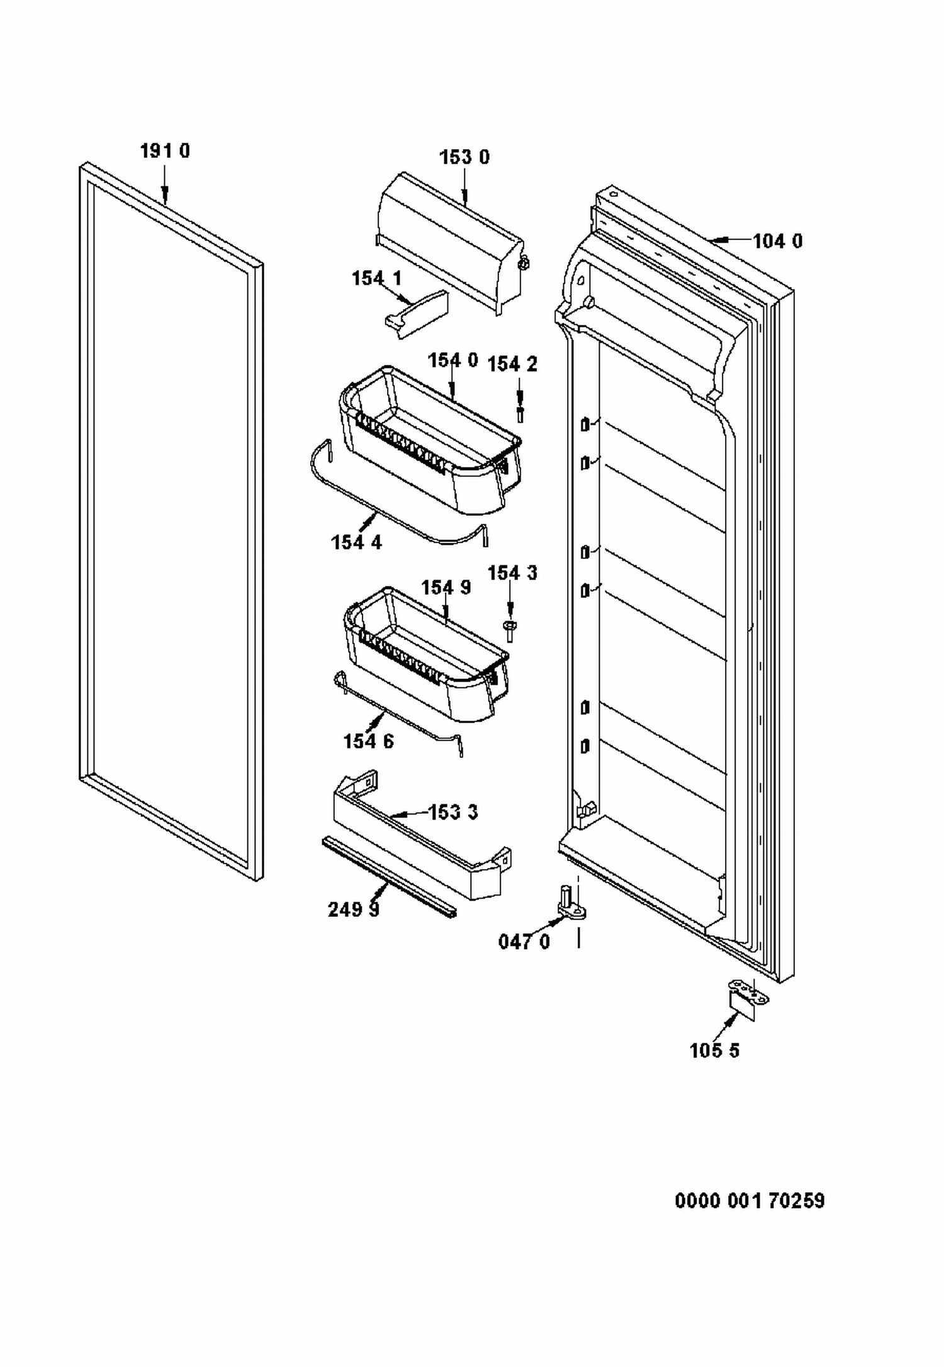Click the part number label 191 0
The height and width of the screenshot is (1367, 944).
pos(164,151)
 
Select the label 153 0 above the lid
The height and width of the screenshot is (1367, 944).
pos(464,157)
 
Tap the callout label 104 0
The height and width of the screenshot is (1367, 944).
pos(778,241)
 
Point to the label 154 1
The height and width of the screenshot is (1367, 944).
pos(376,278)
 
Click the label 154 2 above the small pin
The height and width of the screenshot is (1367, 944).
pos(512,364)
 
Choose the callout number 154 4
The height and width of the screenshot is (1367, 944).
pos(356,542)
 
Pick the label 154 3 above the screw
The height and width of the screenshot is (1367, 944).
pos(512,573)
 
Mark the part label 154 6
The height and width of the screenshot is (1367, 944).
pos(368,741)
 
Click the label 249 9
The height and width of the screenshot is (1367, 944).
pos(354,909)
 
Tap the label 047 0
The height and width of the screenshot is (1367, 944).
pos(524,942)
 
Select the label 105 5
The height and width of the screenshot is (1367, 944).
pos(715,1050)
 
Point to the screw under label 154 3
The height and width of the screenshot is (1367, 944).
pos(510,631)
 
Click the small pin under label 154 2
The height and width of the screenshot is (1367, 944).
pos(520,415)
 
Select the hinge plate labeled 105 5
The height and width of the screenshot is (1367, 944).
pos(747,999)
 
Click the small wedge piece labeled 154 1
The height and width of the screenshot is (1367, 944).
pos(417,314)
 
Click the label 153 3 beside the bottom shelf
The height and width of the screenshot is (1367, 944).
pos(453,812)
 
